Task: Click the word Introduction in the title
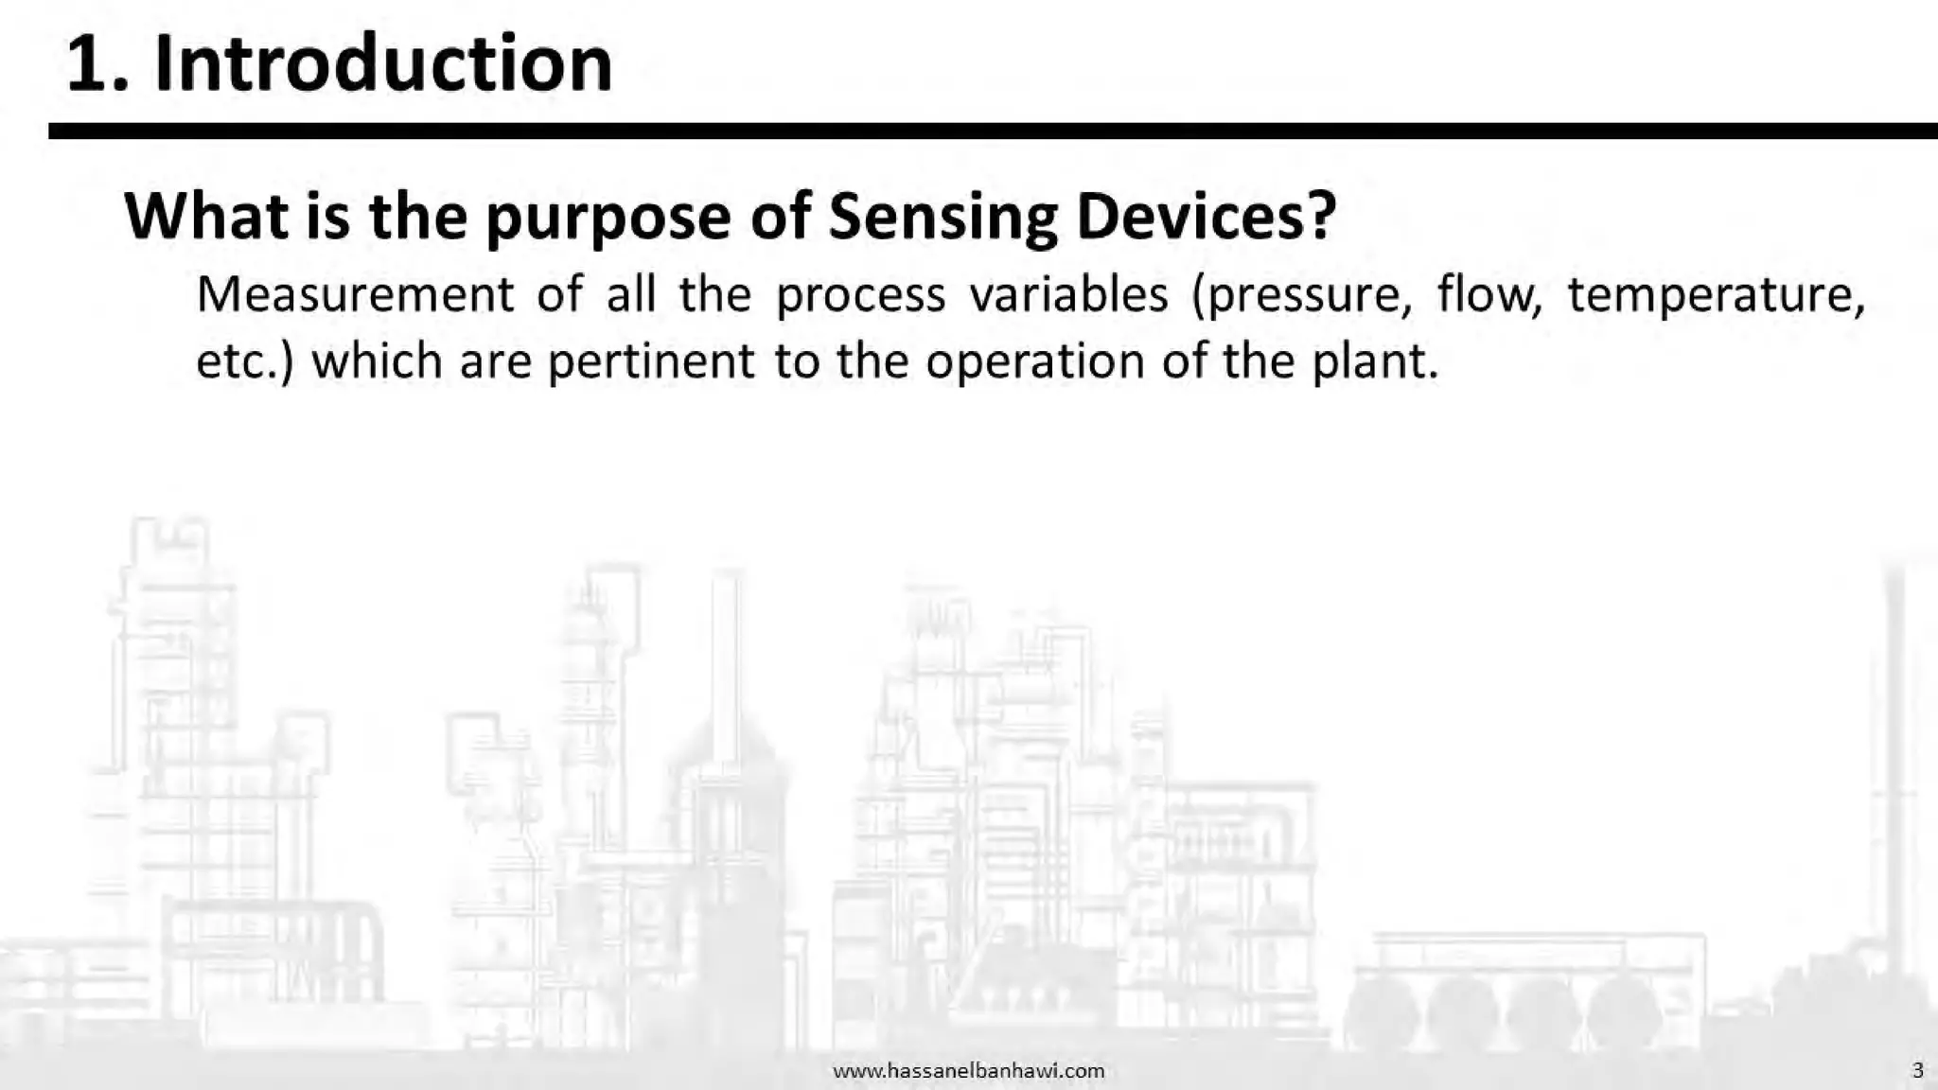(x=383, y=64)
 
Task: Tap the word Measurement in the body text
(x=355, y=294)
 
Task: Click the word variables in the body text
(x=1068, y=294)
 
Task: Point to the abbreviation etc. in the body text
(x=240, y=361)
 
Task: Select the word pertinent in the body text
(x=651, y=361)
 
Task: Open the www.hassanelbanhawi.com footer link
(x=968, y=1070)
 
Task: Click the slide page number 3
(x=1917, y=1070)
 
